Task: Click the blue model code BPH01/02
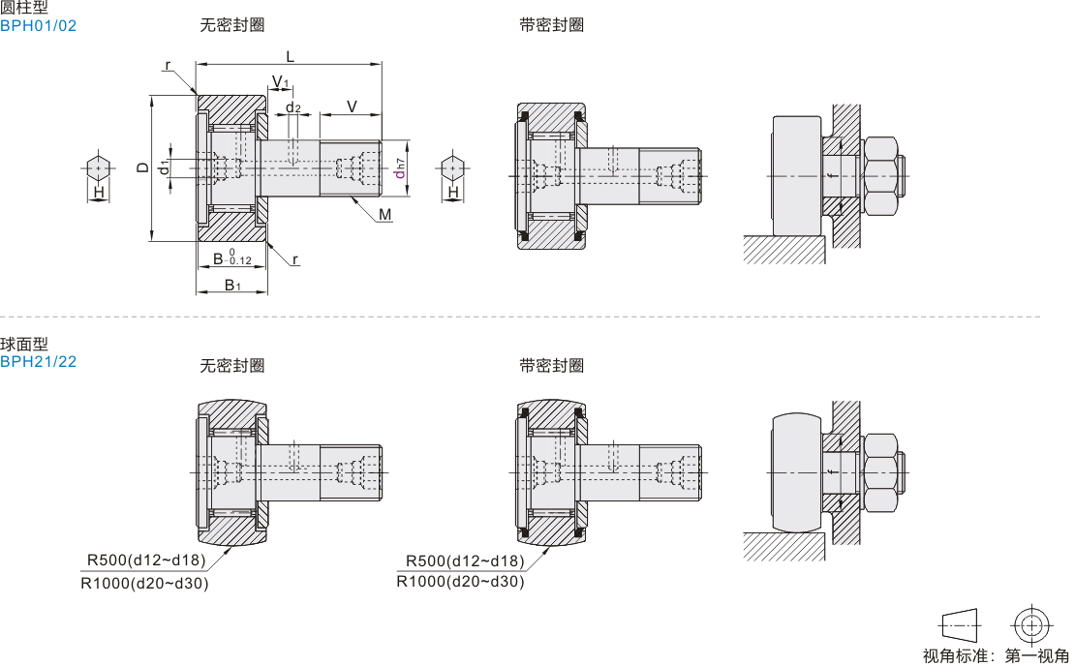tap(38, 26)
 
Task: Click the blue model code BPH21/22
tap(38, 362)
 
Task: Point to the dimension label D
tap(142, 167)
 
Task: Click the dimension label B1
tap(232, 285)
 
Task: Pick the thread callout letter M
tap(385, 214)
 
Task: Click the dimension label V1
tap(280, 81)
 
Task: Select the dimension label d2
tap(292, 107)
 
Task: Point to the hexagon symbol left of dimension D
tap(99, 167)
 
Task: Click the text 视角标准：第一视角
tap(996, 655)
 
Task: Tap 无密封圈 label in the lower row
tap(231, 366)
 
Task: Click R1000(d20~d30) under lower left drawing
tap(144, 583)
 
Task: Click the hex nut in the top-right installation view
tap(881, 176)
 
